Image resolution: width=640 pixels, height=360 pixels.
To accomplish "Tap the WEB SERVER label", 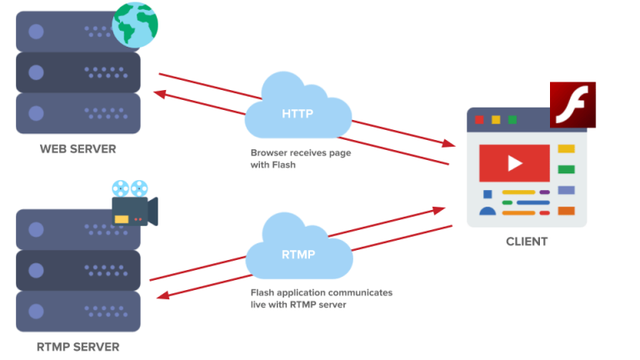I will coord(78,149).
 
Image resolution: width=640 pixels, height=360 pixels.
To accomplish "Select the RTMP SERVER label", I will coord(78,347).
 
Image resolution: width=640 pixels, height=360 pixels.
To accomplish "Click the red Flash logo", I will coord(572,105).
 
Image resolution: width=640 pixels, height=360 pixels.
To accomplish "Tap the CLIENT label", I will coord(527,242).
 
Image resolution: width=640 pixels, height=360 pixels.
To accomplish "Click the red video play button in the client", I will coord(514,163).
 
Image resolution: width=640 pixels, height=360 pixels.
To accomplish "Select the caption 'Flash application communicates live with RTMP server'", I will coord(321,299).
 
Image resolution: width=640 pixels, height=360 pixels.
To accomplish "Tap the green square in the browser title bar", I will coord(512,120).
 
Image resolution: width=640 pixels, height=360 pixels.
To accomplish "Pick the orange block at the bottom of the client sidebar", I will coord(566,211).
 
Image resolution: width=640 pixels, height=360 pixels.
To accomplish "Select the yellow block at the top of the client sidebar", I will coord(566,149).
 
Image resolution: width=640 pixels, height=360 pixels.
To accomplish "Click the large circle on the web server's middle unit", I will coord(36,72).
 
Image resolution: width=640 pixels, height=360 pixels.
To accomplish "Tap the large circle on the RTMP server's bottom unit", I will coord(36,310).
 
